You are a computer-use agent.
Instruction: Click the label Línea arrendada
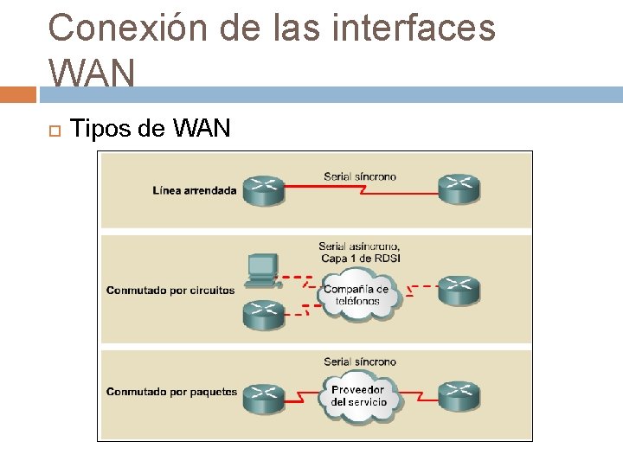pos(194,190)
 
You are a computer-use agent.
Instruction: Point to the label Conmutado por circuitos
pos(170,291)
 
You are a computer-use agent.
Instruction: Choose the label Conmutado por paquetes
pos(171,392)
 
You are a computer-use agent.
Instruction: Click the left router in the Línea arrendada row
pos(263,190)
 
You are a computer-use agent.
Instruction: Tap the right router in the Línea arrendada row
pos(459,189)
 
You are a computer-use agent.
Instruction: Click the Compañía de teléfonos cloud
pos(356,296)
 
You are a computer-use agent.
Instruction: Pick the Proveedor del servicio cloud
pos(358,396)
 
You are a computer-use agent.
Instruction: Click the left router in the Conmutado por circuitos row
pos(263,313)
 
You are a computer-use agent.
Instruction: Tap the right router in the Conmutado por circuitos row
pos(459,291)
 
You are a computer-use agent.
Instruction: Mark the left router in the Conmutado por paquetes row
pos(263,397)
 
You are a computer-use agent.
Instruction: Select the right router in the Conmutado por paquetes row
pos(459,396)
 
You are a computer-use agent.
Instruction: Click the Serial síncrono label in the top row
pos(360,176)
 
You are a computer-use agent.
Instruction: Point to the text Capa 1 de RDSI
pos(359,259)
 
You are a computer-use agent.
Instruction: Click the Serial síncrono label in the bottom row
pos(360,361)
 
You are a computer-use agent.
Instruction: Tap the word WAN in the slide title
pos(92,73)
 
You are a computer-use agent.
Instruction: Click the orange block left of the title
pos(18,93)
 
